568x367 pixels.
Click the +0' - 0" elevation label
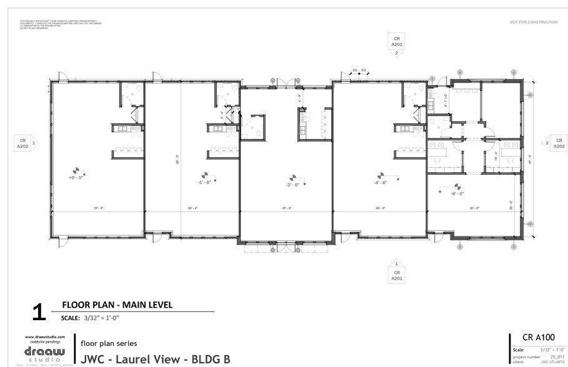[x=76, y=177]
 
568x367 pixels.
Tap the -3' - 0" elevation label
[x=291, y=185]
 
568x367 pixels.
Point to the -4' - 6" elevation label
[x=381, y=182]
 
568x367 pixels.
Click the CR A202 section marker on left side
[x=22, y=144]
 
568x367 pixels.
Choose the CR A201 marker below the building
[x=396, y=275]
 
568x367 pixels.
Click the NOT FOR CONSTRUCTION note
[x=533, y=22]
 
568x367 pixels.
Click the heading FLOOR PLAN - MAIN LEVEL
[x=117, y=305]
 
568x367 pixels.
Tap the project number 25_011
[x=557, y=357]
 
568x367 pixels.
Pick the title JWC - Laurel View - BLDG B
[x=156, y=359]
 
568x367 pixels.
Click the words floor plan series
[x=109, y=343]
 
